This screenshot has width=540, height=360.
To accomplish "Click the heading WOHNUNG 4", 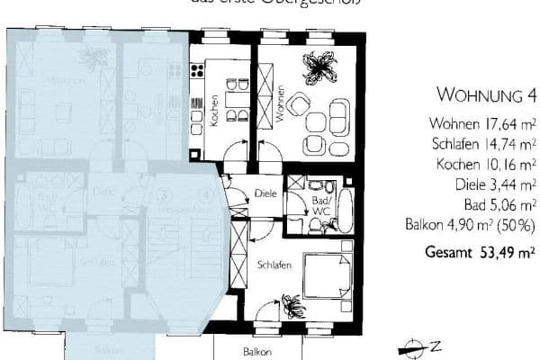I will pyautogui.click(x=486, y=94).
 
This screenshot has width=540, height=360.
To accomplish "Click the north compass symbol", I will pyautogui.click(x=413, y=344).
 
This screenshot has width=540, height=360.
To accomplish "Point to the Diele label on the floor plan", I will pyautogui.click(x=265, y=193).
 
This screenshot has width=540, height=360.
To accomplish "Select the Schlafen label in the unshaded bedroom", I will pyautogui.click(x=274, y=266).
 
